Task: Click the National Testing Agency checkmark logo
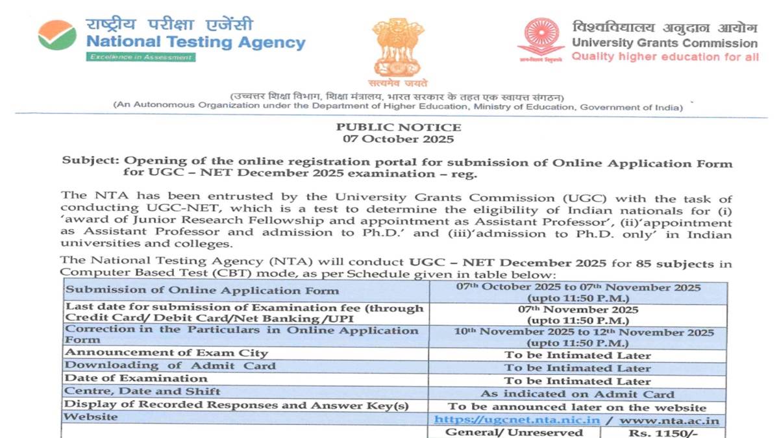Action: pos(57,35)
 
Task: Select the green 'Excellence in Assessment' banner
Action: pos(141,57)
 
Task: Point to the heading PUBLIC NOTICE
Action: pos(399,127)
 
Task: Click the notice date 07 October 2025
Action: pos(399,139)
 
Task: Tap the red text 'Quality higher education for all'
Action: pos(664,57)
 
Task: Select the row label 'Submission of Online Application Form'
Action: pos(169,291)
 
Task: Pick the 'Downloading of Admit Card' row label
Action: pos(171,366)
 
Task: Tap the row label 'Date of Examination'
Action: pos(136,378)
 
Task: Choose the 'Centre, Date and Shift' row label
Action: pos(143,391)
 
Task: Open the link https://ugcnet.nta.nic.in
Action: pos(517,420)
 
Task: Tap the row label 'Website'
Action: pos(92,417)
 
